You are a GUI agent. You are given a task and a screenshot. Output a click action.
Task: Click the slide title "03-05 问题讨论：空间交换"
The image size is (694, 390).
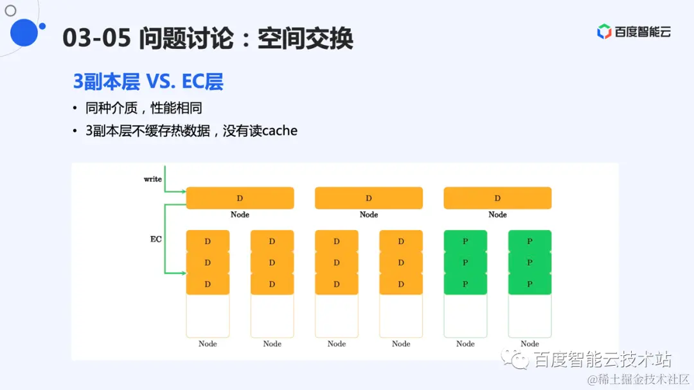pos(208,39)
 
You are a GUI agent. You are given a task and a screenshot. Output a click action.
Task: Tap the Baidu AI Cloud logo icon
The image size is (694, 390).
pos(604,31)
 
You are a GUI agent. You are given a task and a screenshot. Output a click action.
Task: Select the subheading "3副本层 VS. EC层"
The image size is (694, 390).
pos(148,82)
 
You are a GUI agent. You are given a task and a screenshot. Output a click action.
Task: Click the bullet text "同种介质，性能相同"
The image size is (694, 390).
pos(144,107)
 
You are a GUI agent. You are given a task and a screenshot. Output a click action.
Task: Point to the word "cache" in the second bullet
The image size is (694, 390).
pos(280,130)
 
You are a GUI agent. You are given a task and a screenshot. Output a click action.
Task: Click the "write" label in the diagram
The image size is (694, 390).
pos(152,179)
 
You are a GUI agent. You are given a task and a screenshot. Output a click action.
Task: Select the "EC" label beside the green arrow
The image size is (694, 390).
pos(156,239)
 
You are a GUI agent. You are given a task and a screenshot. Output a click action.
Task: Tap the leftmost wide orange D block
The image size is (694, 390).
pos(240,198)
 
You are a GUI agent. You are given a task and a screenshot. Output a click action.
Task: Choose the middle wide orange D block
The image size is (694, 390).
pos(369,198)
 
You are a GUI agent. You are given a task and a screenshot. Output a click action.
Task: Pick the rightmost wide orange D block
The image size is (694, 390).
pos(497,198)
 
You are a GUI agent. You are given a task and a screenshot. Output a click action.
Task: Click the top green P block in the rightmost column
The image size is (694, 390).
pos(529,241)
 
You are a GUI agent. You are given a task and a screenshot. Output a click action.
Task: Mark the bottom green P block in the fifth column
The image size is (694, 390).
pos(465,284)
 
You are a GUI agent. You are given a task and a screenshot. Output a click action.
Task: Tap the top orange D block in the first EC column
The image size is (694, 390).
pos(208,241)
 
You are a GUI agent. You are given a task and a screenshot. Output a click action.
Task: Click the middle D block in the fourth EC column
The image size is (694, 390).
pos(401,262)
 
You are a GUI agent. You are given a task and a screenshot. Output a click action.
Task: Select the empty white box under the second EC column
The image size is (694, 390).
pos(272,316)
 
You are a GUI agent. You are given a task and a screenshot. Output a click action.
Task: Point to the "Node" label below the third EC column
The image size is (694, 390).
pos(337,344)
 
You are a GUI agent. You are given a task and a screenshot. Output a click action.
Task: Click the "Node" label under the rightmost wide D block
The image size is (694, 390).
pos(497,215)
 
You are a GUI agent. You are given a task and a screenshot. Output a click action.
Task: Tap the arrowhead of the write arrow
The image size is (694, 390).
pos(182,191)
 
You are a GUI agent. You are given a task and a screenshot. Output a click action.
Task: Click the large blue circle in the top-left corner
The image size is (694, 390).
pos(24,33)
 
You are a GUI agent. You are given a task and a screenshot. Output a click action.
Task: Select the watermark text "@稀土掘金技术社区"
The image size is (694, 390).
pos(639,379)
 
